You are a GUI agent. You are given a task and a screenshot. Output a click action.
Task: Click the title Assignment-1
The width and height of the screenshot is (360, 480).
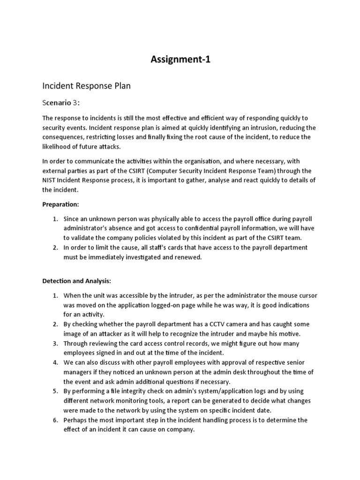(180, 60)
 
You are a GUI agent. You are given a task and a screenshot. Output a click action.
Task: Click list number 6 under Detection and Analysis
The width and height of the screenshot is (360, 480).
(54, 420)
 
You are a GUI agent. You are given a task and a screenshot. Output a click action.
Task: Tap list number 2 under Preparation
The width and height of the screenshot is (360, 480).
(54, 247)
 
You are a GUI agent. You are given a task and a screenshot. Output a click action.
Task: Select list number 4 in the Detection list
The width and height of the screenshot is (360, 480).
(54, 362)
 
